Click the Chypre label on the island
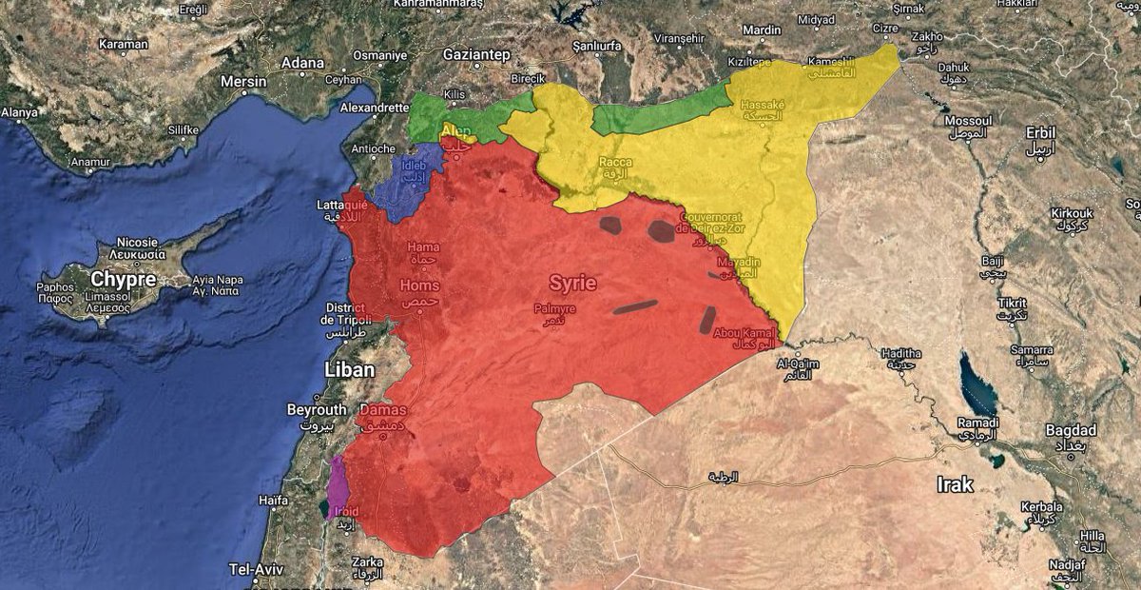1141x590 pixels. pos(124,280)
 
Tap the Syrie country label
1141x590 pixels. pos(573,283)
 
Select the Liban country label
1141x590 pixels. pos(349,369)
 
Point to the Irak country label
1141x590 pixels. pos(955,484)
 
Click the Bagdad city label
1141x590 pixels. pos(1071,430)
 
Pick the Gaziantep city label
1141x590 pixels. pos(476,54)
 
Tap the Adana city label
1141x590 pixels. pos(302,63)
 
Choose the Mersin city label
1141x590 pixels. pos(243,82)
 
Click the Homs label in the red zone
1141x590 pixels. pos(420,285)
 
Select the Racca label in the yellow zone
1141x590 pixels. pos(615,163)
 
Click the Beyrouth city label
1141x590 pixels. pos(317,409)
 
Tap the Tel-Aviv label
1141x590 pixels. pos(253,569)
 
